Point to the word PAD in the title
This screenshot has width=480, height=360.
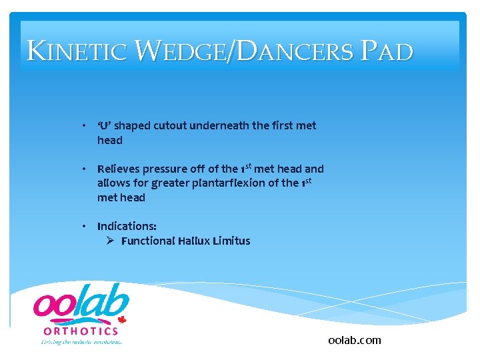[391, 51]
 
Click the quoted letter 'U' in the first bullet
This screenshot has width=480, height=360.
[107, 126]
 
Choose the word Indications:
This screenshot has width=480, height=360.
[127, 227]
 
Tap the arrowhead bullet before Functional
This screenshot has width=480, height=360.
[111, 241]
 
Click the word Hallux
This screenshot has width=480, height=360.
[194, 241]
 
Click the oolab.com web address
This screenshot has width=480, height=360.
[355, 341]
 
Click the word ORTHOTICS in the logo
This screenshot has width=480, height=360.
[81, 331]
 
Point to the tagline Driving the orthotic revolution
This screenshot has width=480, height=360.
[81, 342]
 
